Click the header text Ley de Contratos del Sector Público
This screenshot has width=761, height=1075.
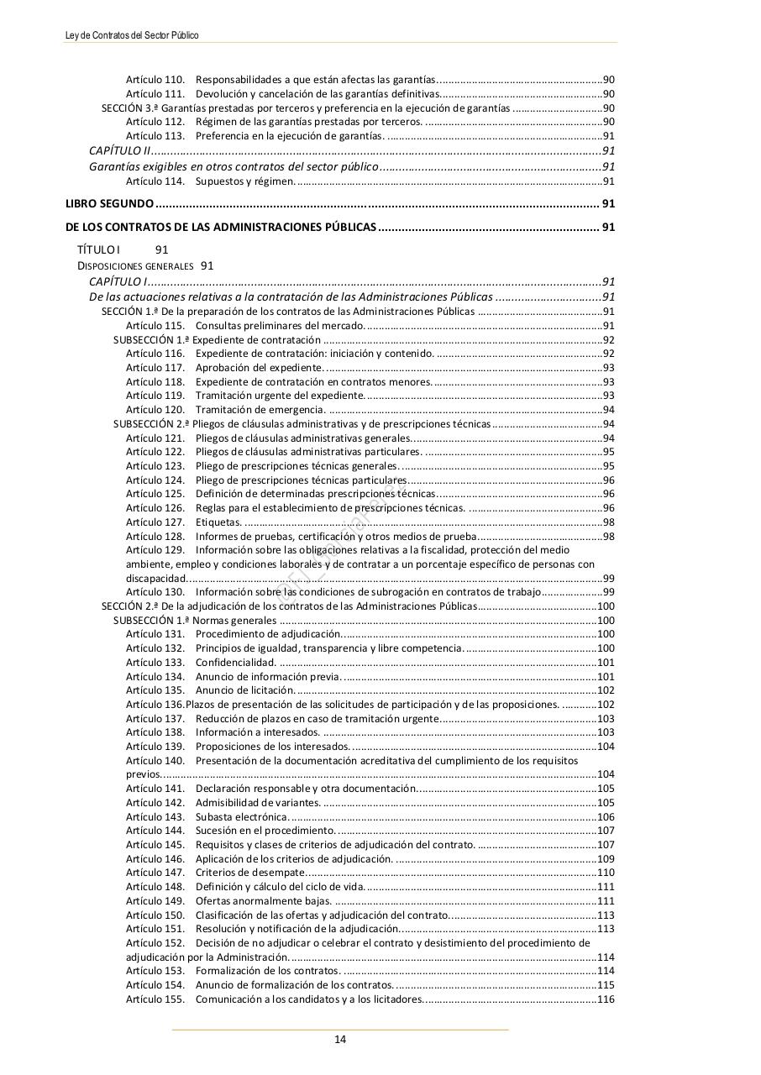pos(132,35)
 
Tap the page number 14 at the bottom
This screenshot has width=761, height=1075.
pos(340,1039)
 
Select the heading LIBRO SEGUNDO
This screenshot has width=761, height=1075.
pos(109,204)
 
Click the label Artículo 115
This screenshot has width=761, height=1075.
pos(155,326)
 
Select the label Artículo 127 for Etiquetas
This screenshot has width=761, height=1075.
pos(155,522)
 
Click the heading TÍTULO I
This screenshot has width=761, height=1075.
pos(98,249)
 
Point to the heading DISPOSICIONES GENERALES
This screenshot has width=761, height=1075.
pos(135,266)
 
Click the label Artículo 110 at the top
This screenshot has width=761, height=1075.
pos(155,80)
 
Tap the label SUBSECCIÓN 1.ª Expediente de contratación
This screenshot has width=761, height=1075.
pos(218,340)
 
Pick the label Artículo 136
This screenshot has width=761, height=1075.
pos(155,705)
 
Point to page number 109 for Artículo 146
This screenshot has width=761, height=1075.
pos(606,859)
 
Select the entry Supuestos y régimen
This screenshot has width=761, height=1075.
pos(244,181)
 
